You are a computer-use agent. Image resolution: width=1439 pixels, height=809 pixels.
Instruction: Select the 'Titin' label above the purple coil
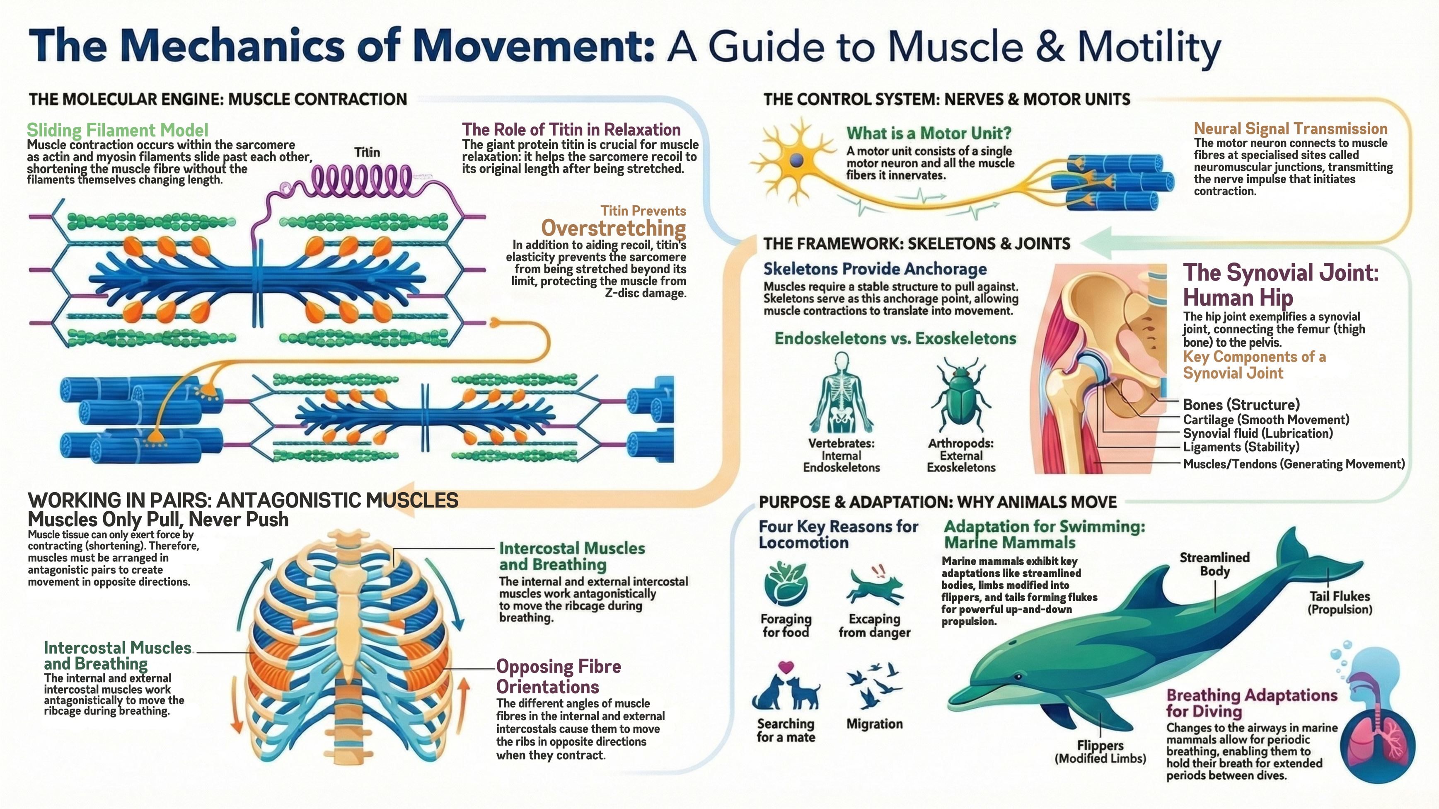coord(367,152)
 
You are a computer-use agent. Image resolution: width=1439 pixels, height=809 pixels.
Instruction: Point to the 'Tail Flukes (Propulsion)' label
coord(1340,602)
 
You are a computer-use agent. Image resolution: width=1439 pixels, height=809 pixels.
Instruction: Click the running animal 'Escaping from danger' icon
coord(874,588)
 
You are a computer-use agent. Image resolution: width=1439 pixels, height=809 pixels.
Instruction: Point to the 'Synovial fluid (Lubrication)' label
coord(1258,433)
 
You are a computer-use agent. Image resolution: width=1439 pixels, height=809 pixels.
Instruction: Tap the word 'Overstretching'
coord(613,228)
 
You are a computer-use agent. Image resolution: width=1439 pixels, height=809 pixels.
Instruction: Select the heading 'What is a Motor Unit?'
coord(929,133)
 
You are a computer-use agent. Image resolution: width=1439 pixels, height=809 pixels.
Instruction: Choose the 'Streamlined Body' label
coord(1214,564)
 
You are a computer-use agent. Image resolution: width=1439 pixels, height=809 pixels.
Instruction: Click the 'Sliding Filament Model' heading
coord(117,130)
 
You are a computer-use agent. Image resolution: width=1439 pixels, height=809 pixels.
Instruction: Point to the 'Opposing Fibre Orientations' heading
coord(559,676)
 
